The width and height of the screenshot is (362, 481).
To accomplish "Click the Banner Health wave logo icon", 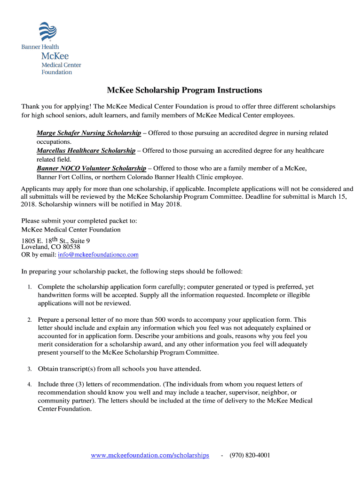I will [47, 32].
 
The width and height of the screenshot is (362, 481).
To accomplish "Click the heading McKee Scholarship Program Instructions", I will [184, 90].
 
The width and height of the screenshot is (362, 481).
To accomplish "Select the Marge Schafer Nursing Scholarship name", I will [89, 133].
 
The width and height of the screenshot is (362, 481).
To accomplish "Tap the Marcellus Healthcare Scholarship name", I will [86, 151].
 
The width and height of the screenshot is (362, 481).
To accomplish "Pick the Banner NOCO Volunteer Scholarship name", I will [91, 168].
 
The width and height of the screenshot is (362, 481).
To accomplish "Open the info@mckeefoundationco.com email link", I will [98, 255].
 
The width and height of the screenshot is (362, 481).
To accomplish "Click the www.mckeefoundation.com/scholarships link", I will [150, 456].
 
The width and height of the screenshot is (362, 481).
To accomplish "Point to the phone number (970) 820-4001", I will [250, 456].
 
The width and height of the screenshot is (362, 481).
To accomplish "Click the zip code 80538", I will [71, 247].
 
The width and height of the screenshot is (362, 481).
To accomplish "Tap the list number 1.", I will [29, 287].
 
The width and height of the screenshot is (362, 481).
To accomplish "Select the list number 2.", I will [29, 320].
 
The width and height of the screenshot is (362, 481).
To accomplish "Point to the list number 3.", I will [29, 369].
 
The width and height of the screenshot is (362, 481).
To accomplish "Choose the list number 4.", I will [29, 385].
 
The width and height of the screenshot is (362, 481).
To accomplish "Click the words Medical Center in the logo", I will [61, 65].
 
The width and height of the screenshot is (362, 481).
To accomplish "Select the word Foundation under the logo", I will [57, 72].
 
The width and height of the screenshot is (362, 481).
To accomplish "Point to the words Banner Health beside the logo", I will [40, 47].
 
